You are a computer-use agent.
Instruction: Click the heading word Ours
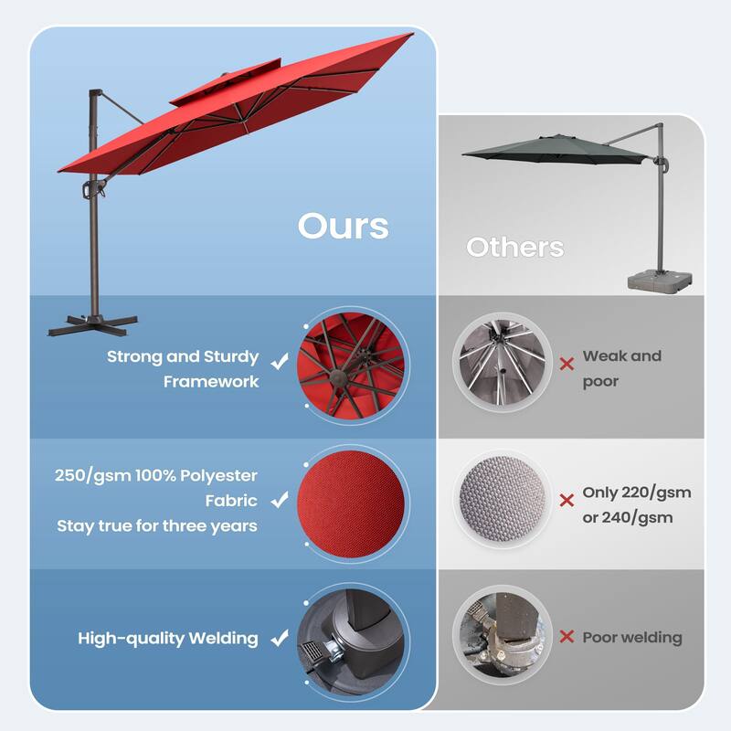343,226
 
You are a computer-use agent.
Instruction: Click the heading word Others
514,247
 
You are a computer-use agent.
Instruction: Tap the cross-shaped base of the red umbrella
91,323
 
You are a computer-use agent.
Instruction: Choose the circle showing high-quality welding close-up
352,638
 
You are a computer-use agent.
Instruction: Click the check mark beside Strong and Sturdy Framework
280,363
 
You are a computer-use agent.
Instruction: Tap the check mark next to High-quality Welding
280,639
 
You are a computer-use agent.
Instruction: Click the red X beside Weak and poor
567,364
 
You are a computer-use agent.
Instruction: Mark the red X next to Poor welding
567,638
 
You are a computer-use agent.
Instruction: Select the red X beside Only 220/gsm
567,500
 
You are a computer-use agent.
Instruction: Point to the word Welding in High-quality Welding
223,638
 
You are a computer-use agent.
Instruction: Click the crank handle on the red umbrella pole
90,190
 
